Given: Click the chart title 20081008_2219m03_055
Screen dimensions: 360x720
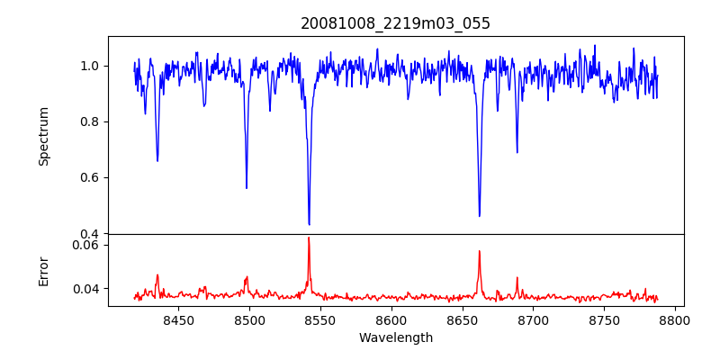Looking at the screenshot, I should coord(395,23).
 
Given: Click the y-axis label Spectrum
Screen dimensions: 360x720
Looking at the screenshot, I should coord(43,136).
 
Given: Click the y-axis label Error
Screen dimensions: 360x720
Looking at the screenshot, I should coord(43,270).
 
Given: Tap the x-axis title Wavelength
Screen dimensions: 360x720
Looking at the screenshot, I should coord(395,338).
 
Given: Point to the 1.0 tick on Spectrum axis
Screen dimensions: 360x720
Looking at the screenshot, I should coord(90,66).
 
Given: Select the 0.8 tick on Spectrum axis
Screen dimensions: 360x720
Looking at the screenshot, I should coord(90,121).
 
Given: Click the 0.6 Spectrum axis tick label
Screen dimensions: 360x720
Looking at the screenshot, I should coord(90,177).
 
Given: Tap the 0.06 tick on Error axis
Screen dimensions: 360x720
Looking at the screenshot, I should coord(86,245).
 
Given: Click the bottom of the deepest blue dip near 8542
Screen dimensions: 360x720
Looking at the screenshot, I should coord(309,224).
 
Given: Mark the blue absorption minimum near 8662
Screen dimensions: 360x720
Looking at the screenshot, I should coord(479,216).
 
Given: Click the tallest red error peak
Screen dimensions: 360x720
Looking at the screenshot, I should coord(309,238).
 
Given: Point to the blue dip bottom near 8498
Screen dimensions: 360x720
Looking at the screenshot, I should coord(247,187).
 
